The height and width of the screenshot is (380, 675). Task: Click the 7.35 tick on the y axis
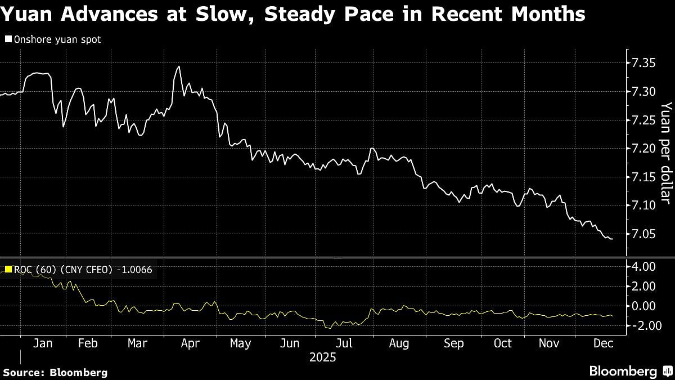(642, 62)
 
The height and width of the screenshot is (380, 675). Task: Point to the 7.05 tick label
(642, 234)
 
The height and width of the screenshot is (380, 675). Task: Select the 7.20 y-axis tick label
(642, 148)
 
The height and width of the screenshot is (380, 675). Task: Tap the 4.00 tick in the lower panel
(643, 266)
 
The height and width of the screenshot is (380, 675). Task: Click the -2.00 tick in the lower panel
(642, 326)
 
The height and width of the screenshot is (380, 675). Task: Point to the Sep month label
(454, 343)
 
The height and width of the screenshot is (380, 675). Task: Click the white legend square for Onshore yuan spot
(8, 39)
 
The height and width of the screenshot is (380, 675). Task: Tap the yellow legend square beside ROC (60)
(8, 270)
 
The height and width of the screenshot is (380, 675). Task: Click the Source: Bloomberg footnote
(55, 372)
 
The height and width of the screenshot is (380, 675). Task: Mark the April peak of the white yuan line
(179, 66)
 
